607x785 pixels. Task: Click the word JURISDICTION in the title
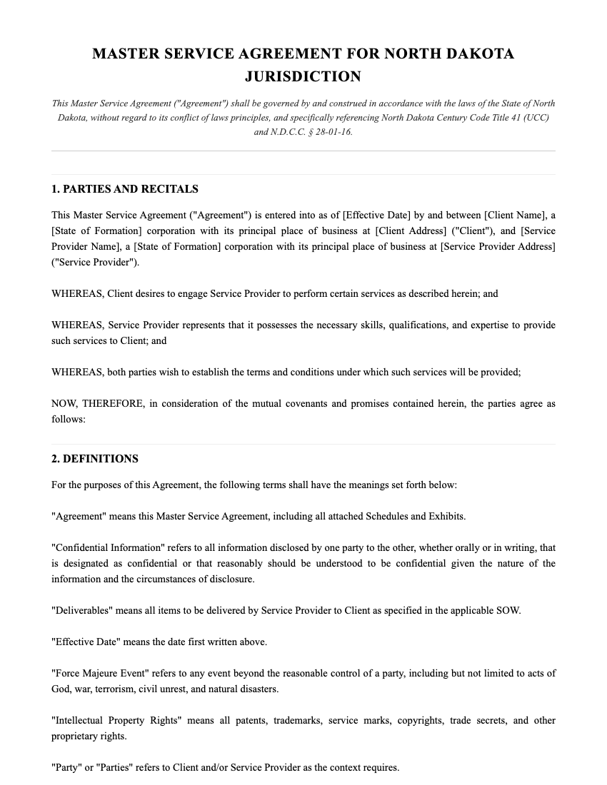coord(303,76)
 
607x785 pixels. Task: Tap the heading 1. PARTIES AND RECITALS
coord(125,189)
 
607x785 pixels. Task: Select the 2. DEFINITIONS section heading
coord(95,459)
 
